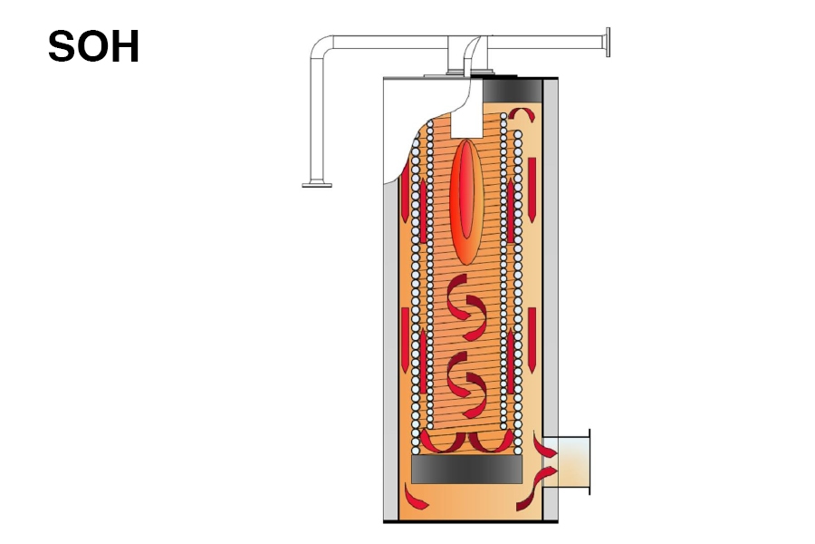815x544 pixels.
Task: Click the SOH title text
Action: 93,46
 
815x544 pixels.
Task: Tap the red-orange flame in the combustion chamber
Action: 466,201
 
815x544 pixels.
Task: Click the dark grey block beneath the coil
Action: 466,470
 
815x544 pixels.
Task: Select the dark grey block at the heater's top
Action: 513,91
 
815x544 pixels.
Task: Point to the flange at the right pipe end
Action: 608,41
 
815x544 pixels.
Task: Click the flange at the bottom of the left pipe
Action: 317,185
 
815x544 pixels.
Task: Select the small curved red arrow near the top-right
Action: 523,113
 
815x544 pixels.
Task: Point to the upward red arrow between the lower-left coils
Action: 423,363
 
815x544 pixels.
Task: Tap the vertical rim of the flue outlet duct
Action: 590,462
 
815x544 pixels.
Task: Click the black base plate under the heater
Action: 467,521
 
